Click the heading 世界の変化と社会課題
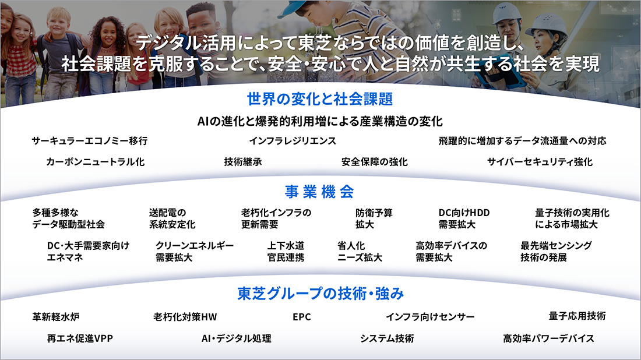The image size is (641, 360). [320, 98]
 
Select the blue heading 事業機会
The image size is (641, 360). [320, 192]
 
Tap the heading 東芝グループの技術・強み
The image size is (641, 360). [320, 293]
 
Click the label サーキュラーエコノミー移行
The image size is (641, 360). [89, 141]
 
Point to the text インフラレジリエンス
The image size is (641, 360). [293, 141]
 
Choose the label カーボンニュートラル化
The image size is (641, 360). [96, 162]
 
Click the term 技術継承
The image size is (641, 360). [243, 162]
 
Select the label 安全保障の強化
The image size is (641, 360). [375, 162]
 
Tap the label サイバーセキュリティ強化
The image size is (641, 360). [540, 162]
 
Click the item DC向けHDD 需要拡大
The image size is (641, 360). [464, 218]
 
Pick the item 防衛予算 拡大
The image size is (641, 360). [374, 218]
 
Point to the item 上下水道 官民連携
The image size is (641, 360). [286, 251]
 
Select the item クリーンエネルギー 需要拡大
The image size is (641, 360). [194, 251]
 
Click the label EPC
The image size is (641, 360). [302, 317]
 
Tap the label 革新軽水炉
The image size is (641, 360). [56, 317]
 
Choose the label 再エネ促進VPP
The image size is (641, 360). [80, 338]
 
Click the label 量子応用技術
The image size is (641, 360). [577, 316]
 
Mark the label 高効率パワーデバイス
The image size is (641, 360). [548, 338]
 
